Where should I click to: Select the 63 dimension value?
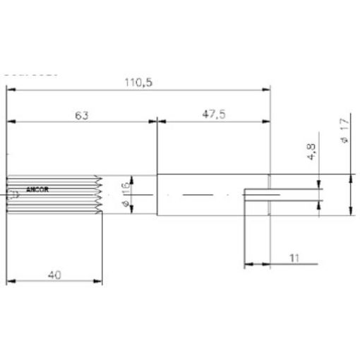pos(81,115)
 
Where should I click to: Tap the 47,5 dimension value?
pos(212,115)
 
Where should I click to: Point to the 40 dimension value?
pos(54,275)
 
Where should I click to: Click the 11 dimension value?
pos(294,258)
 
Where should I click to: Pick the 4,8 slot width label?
pos(311,153)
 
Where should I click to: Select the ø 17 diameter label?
pos(344,131)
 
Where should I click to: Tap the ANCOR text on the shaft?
pos(37,190)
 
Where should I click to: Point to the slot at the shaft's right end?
pos(261,195)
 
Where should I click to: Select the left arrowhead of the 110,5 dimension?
pos(10,90)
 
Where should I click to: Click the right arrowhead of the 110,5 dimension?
pos(267,90)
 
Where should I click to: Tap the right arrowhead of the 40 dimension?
pos(99,282)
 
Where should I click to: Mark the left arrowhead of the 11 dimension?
pos(248,265)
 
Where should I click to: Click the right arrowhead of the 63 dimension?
pos(153,122)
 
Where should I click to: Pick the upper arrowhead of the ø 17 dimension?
pos(351,178)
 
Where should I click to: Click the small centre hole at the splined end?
pos(9,198)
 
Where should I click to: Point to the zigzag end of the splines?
pos(100,195)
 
